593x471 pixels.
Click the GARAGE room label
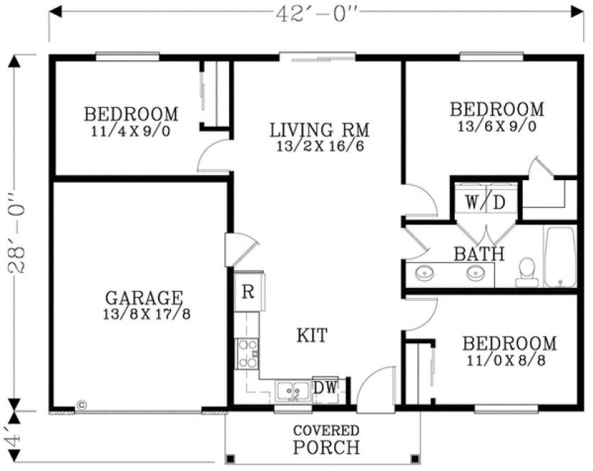click(x=144, y=297)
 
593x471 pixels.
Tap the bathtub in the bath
click(x=561, y=257)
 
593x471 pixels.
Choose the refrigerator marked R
click(x=248, y=292)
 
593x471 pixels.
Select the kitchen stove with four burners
click(x=247, y=353)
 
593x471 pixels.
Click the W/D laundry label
click(x=486, y=201)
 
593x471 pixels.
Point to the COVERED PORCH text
click(x=326, y=440)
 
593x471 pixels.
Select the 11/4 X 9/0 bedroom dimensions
click(x=131, y=131)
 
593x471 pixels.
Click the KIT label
click(x=312, y=335)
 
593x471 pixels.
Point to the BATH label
click(x=480, y=253)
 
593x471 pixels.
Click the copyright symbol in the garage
click(x=81, y=405)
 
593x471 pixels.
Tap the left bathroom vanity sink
click(x=426, y=272)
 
